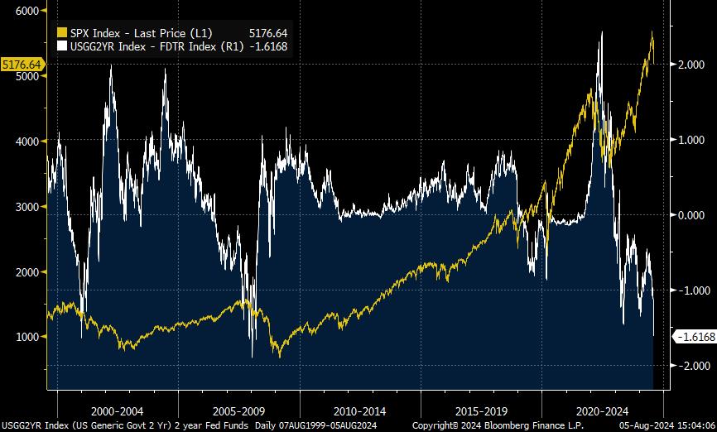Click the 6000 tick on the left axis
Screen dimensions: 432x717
tap(27, 11)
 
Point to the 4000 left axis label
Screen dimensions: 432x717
tap(27, 142)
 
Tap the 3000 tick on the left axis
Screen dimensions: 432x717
tap(27, 207)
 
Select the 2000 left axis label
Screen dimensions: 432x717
tap(27, 272)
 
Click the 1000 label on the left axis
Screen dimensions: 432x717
tap(27, 337)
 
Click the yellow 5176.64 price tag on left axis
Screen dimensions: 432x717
tap(22, 64)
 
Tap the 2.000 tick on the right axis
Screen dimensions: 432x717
tap(692, 65)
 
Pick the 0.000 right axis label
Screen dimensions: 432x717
tap(692, 215)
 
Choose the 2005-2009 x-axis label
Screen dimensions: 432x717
tap(239, 410)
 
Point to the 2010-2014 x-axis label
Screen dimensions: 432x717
tap(360, 410)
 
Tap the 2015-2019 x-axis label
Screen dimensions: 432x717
tap(481, 410)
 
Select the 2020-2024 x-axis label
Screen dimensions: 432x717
tap(602, 410)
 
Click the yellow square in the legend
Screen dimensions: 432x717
tap(61, 33)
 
